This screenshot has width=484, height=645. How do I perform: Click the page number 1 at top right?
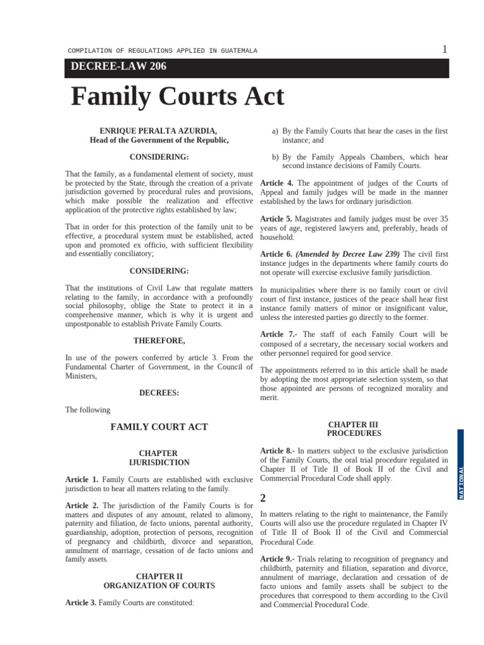445,49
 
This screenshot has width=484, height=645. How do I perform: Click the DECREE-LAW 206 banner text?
118,67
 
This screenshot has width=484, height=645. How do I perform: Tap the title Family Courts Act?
178,97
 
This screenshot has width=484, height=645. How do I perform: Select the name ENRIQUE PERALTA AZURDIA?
159,131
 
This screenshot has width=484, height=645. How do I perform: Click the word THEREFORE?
159,341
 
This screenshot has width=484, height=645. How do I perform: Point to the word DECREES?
159,392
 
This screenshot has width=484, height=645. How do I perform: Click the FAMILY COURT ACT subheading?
159,427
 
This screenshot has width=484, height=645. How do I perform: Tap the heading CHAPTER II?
159,576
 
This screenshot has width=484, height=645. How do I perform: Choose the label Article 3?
81,603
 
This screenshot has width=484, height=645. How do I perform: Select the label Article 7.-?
279,334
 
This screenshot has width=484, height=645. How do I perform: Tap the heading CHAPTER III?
354,425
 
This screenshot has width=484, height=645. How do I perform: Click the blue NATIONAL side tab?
461,466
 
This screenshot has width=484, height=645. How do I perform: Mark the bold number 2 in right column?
263,498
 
